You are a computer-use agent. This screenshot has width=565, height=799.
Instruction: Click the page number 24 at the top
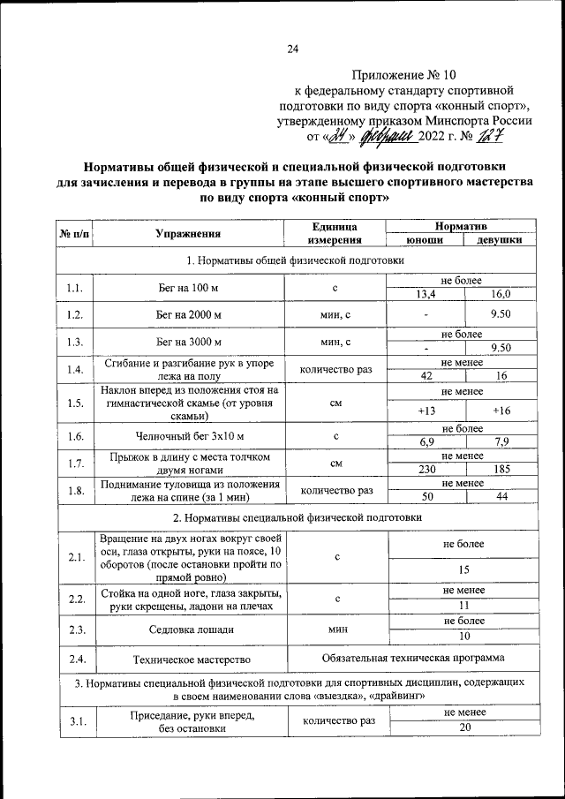coord(292,49)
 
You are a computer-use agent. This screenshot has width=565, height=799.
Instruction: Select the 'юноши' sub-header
coord(425,240)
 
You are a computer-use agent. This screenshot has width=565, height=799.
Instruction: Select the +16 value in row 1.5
coord(501,411)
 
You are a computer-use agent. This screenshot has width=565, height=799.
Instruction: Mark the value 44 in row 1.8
coord(501,497)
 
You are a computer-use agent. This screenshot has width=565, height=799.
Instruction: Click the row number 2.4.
coord(74,659)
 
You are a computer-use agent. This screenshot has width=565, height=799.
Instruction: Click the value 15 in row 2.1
coord(463,569)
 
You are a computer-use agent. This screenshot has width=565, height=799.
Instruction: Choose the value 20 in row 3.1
coord(463,727)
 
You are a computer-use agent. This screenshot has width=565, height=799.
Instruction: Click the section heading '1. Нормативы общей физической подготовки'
coord(295,260)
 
